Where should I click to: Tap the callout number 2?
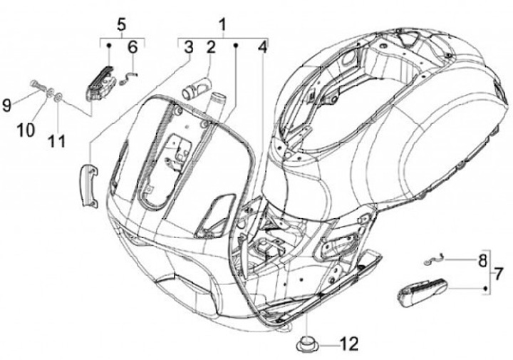tap(211, 48)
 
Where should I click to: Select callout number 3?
tap(188, 48)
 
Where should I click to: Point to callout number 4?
tap(263, 48)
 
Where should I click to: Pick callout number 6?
tap(133, 48)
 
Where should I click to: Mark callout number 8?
tap(482, 259)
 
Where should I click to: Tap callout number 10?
tap(26, 130)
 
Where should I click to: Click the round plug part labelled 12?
tap(308, 344)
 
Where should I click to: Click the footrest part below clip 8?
tap(420, 290)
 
